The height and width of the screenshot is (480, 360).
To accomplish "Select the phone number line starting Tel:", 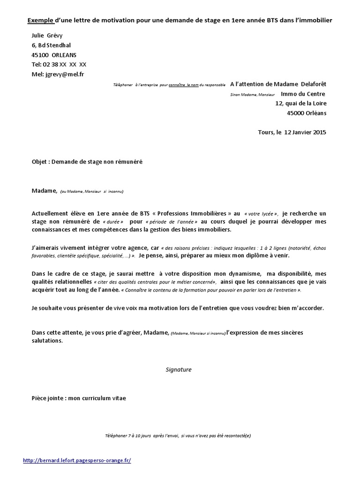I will [59, 64].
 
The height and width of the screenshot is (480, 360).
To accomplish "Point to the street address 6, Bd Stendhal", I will [53, 45].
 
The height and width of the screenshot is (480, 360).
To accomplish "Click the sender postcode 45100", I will [39, 55].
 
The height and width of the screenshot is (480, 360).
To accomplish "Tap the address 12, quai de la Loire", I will [300, 103].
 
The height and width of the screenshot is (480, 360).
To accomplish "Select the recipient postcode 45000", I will [296, 113].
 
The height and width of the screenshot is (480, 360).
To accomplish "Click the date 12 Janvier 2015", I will [304, 132].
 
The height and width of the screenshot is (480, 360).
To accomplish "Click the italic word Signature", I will [179, 369].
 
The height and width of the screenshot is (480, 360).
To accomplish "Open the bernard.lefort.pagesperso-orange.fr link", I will [77, 460].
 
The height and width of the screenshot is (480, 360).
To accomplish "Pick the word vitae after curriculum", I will [118, 398].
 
